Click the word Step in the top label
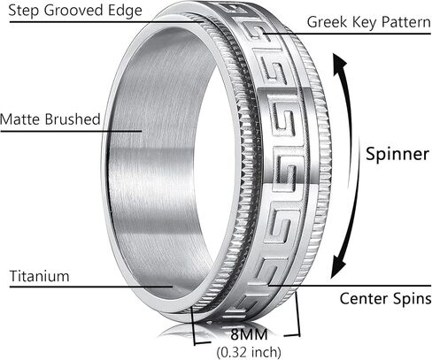coord(24,11)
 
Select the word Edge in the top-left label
coord(125,11)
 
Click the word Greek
coord(327,22)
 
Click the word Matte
coord(20,119)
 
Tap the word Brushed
coord(73,119)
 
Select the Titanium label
coord(40,276)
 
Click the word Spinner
coord(397,154)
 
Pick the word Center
coord(363,298)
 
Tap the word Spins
coord(412,299)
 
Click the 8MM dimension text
coord(249,334)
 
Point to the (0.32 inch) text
coord(249,352)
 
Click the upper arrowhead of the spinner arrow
coord(339,64)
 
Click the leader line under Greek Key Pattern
coord(347,34)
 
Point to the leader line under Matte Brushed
coord(71,131)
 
